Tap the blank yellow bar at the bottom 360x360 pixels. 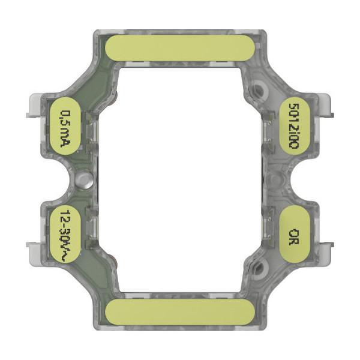click(179, 313)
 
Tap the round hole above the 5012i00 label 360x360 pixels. click(259, 91)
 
